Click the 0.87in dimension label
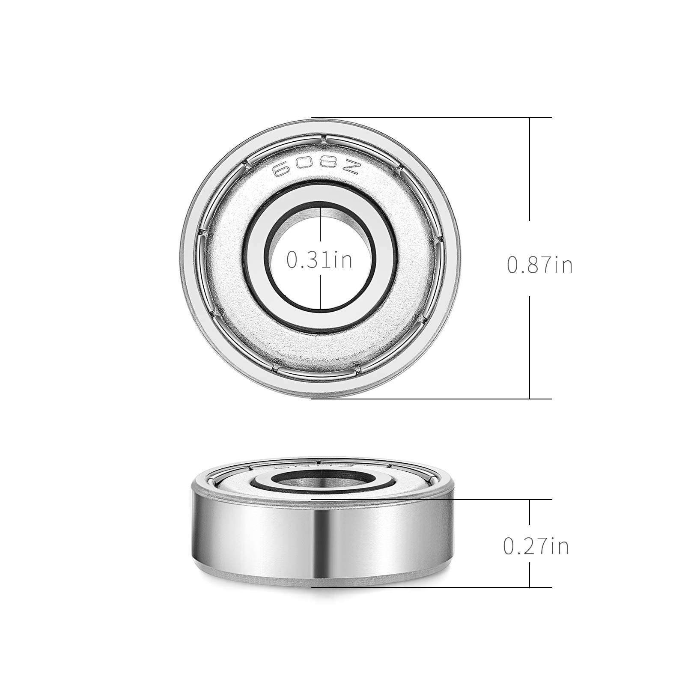click(539, 265)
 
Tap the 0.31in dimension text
click(319, 260)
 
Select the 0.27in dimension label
click(536, 546)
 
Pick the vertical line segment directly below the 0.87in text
click(530, 347)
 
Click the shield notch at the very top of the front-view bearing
click(325, 138)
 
